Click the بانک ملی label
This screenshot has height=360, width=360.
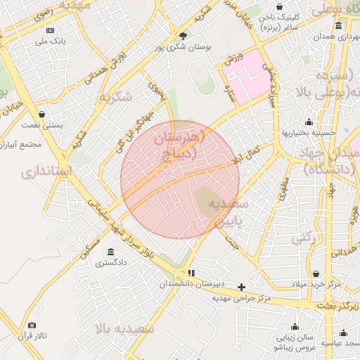(52, 41)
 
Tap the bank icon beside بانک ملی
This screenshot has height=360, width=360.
(50, 31)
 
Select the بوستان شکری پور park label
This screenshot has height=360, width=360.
(184, 47)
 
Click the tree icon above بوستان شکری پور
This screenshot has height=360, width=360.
(184, 35)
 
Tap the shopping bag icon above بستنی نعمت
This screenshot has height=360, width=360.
(42, 114)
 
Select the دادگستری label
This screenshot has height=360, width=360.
(112, 263)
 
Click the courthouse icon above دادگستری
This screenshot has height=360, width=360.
(110, 252)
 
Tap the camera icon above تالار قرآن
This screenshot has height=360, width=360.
(32, 326)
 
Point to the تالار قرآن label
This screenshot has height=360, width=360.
(32, 337)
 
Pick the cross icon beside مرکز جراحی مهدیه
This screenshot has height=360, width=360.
(242, 287)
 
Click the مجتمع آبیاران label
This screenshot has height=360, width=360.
(21, 143)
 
